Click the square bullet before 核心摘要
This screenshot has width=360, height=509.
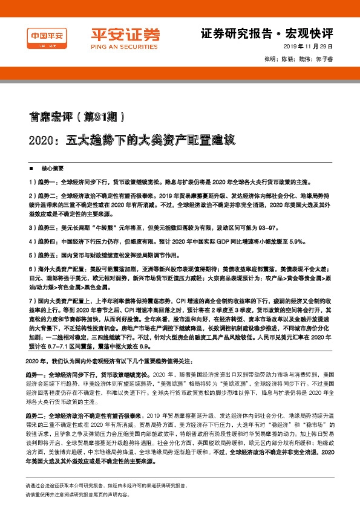point(31,168)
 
